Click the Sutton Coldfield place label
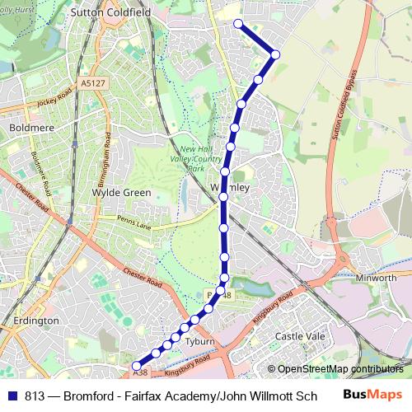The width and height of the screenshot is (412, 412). (110, 14)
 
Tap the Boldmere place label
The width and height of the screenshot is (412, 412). (30, 129)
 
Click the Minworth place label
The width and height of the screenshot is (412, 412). (376, 279)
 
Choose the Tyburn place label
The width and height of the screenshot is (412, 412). (200, 341)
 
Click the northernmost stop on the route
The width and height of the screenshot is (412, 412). (238, 23)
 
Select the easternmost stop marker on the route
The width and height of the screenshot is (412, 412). (275, 54)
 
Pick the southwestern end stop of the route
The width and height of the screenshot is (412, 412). (136, 364)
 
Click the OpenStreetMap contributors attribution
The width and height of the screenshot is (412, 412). (335, 369)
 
